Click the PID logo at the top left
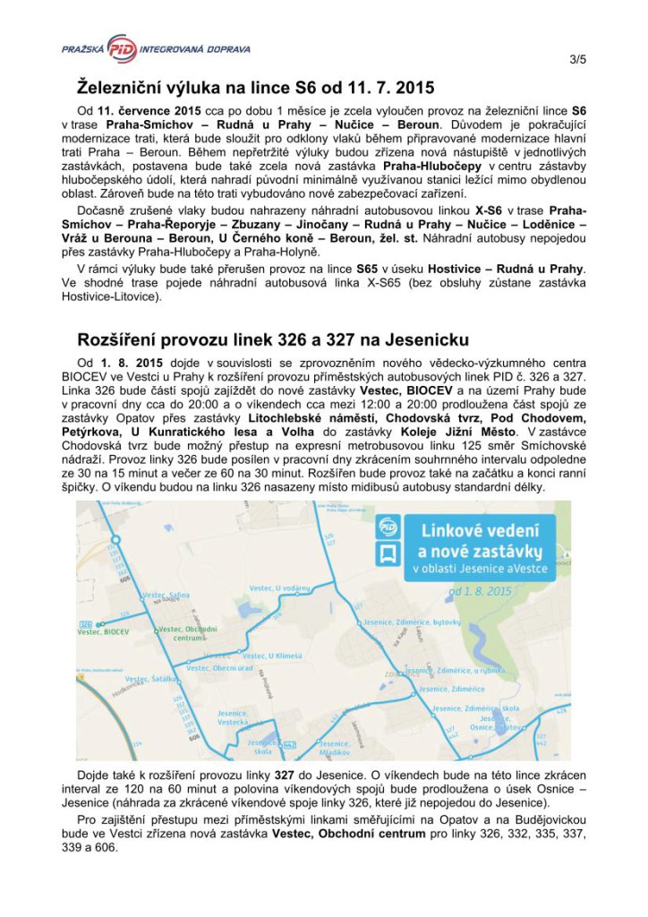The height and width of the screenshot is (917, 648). [x=121, y=47]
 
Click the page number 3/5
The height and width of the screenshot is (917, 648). [x=577, y=60]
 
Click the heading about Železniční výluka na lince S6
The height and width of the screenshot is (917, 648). [x=255, y=89]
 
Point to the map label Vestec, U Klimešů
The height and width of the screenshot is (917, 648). [x=268, y=656]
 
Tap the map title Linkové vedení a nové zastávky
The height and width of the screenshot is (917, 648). [x=481, y=544]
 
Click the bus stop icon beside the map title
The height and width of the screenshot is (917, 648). [x=388, y=553]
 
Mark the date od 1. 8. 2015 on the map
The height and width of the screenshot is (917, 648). [x=480, y=591]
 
